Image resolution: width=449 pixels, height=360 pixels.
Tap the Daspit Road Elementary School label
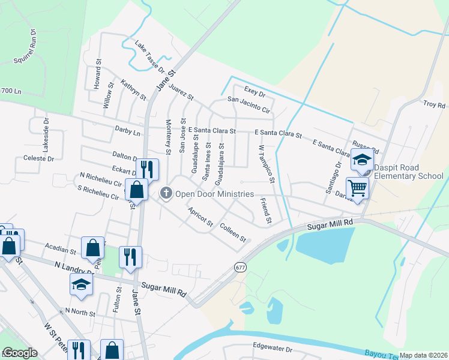click(409, 172)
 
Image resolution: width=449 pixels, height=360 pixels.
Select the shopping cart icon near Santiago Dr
click(357, 188)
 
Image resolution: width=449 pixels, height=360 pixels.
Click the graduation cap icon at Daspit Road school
click(362, 160)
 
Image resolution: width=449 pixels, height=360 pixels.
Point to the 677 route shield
click(241, 266)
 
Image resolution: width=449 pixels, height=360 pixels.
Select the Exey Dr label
click(255, 94)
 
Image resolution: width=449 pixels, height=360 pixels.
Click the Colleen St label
click(233, 232)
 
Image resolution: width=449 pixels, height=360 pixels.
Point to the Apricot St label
click(200, 216)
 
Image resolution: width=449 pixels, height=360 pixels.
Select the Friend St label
click(265, 211)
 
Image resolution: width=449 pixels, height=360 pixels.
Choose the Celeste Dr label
click(38, 159)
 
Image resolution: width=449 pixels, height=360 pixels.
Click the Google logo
click(19, 353)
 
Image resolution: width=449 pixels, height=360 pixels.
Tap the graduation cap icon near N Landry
click(82, 284)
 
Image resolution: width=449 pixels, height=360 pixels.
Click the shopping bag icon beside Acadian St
click(93, 247)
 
